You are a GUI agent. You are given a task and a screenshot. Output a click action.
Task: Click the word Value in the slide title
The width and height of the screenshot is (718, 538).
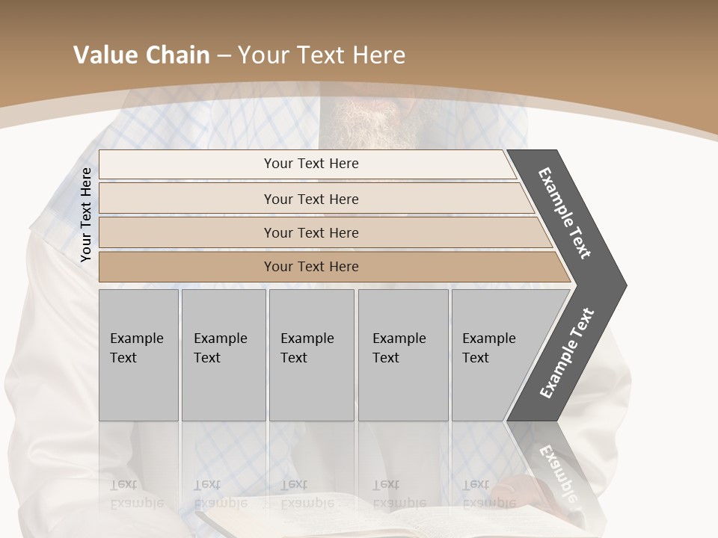point(103,55)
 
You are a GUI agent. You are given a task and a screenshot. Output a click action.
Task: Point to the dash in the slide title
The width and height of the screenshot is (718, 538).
point(223,56)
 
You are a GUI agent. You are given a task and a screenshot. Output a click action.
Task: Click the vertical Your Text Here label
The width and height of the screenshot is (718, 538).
point(86,215)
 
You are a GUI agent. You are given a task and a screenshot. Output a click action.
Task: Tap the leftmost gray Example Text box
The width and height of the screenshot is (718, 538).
point(138,355)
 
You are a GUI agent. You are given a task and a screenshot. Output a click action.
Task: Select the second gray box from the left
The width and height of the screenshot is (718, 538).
point(223,355)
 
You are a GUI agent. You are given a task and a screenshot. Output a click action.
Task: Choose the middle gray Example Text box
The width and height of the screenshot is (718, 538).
point(311,355)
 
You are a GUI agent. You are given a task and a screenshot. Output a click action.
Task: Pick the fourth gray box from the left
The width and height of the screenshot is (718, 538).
point(402,355)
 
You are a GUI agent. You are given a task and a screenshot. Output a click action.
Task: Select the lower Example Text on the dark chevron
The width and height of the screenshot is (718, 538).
point(566,353)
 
